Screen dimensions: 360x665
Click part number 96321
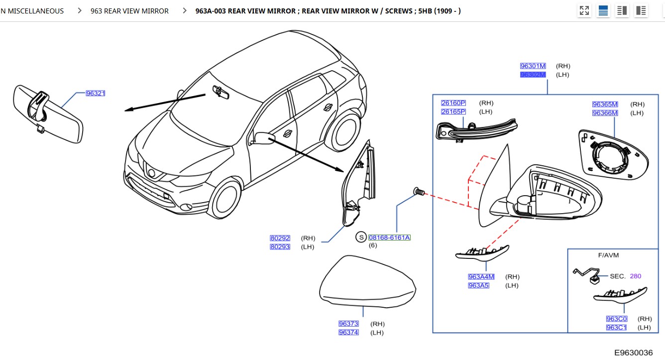[x=96, y=93]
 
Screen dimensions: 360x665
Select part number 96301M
[x=533, y=66]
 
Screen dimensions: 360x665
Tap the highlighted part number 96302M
[x=533, y=75]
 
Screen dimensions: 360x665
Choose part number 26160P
[x=453, y=103]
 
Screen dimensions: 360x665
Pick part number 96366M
[x=605, y=113]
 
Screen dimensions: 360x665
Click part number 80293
[x=280, y=247]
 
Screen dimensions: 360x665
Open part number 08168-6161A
[x=389, y=238]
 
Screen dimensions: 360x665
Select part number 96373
[x=348, y=324]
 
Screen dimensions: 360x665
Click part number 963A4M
[x=481, y=277]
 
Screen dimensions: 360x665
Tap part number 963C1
[x=616, y=328]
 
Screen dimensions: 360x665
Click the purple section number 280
[x=635, y=276]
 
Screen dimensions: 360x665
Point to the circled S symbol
[x=361, y=238]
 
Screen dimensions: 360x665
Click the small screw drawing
[x=418, y=191]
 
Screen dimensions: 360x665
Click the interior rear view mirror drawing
[x=47, y=112]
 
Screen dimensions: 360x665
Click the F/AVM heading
[x=608, y=255]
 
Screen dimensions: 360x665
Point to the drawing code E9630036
[x=633, y=353]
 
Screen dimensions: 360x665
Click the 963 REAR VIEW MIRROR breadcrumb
[x=129, y=10]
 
